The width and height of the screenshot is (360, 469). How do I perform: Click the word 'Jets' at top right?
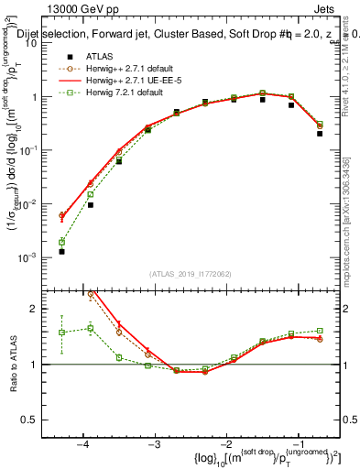click(x=338, y=8)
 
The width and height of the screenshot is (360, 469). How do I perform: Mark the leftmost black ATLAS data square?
click(x=61, y=251)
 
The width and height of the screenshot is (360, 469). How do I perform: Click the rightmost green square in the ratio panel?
click(x=320, y=331)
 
